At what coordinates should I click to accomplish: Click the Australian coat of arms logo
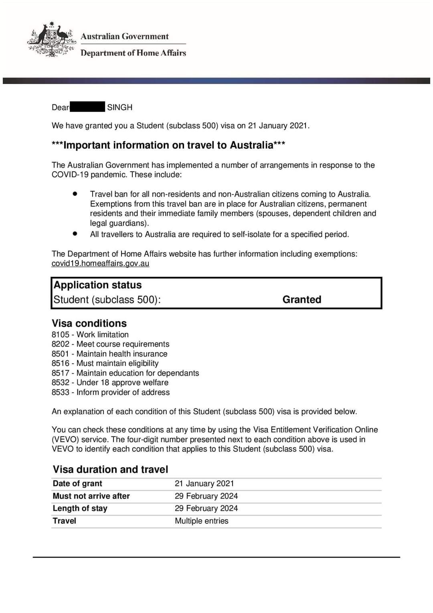(x=51, y=40)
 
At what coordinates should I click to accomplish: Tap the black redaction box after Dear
(x=87, y=107)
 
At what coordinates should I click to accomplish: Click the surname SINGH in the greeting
(x=119, y=107)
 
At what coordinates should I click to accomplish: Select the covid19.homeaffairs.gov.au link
(x=100, y=264)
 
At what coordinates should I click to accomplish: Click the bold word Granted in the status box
(x=301, y=300)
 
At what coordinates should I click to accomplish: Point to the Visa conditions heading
(x=89, y=323)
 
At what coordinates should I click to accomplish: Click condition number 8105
(x=60, y=335)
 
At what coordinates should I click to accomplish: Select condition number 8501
(x=60, y=354)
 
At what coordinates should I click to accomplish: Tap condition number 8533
(x=60, y=392)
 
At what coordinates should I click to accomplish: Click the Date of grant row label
(x=77, y=483)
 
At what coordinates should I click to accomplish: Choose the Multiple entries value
(x=201, y=521)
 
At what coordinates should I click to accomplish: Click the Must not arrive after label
(x=91, y=496)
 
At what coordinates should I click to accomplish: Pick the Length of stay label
(x=80, y=508)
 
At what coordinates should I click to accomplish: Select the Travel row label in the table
(x=64, y=521)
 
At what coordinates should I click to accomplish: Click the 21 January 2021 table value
(x=204, y=483)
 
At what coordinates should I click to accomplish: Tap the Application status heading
(x=97, y=285)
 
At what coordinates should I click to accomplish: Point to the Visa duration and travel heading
(x=110, y=469)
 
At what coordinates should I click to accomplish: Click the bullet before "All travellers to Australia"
(x=75, y=233)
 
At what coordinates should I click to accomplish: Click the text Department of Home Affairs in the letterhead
(x=133, y=53)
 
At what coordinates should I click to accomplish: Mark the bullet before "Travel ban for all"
(x=75, y=193)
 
